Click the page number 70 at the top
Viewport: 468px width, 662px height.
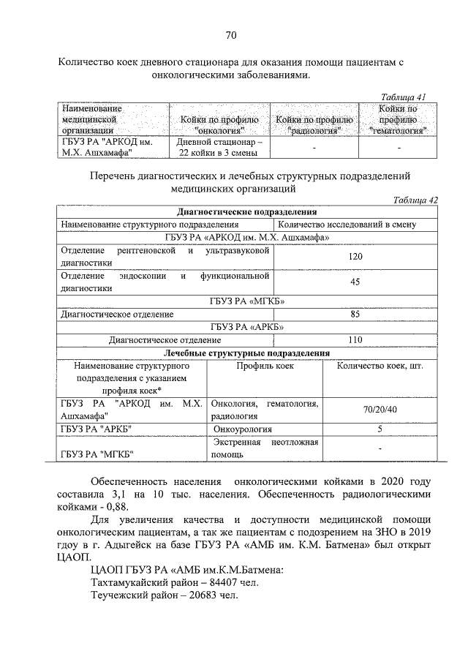[x=231, y=35]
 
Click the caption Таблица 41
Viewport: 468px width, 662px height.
[x=404, y=96]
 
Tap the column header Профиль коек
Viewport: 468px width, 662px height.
[x=265, y=366]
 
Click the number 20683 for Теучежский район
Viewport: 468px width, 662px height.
[x=192, y=596]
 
